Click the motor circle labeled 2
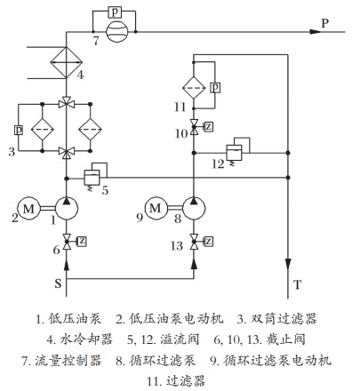click(x=28, y=209)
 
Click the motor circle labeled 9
click(x=156, y=209)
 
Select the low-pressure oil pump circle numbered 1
click(x=67, y=209)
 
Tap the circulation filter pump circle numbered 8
click(x=194, y=209)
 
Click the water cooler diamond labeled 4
click(x=66, y=62)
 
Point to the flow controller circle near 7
click(x=117, y=32)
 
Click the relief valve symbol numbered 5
click(x=92, y=178)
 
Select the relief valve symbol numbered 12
click(x=234, y=153)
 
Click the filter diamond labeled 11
click(x=194, y=88)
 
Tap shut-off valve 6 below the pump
click(x=67, y=242)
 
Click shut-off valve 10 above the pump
click(x=194, y=127)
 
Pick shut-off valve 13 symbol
click(x=194, y=242)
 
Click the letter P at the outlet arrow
click(x=325, y=23)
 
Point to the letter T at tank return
click(x=297, y=284)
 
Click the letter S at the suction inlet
click(x=58, y=283)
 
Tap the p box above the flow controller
click(x=115, y=12)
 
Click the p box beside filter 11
click(x=215, y=87)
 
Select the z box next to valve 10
click(x=209, y=127)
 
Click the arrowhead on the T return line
click(x=288, y=264)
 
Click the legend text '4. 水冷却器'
click(x=80, y=339)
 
